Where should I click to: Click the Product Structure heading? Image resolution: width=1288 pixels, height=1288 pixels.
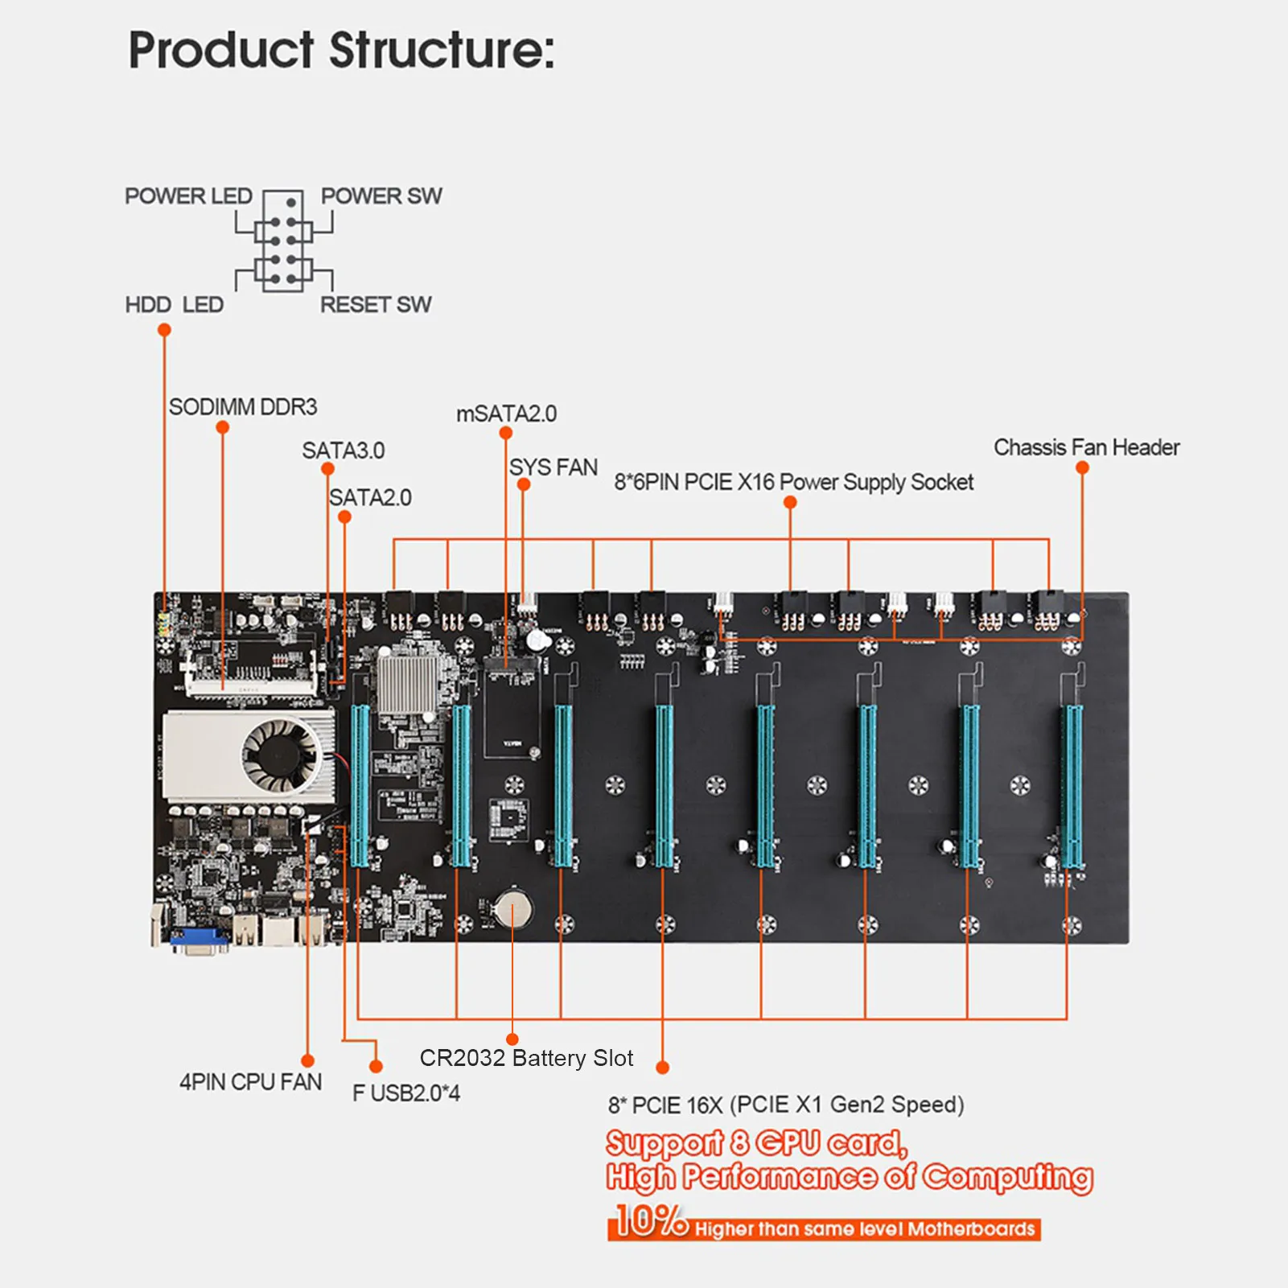point(341,50)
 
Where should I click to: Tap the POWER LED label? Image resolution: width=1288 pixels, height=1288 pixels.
point(188,196)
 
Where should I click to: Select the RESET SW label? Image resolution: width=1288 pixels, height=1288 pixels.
point(376,305)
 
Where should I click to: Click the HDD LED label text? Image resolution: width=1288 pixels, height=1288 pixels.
point(174,305)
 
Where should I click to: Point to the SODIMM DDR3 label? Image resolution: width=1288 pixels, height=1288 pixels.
point(243,407)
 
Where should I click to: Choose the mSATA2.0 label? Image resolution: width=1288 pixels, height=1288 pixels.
point(506,414)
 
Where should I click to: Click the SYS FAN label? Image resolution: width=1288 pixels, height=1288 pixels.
point(553,467)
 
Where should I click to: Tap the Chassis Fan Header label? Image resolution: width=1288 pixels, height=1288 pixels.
point(1086,447)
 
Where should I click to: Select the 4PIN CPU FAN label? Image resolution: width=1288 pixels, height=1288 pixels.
point(250,1082)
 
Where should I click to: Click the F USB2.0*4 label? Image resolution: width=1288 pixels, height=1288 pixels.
point(406,1093)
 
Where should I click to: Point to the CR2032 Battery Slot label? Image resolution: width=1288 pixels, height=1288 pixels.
point(526,1058)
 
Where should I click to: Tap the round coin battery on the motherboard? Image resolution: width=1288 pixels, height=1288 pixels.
point(513,911)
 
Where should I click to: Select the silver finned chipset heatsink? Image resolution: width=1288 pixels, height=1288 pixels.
point(406,684)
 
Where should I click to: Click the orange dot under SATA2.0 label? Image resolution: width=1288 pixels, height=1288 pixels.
point(344,517)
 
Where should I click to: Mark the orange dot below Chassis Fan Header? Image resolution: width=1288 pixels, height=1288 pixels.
point(1082,468)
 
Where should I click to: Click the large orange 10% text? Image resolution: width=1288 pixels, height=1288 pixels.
point(648,1220)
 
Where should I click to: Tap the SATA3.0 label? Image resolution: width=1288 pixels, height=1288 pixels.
point(344,451)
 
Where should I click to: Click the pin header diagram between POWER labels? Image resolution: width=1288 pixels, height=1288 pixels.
point(283,241)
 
